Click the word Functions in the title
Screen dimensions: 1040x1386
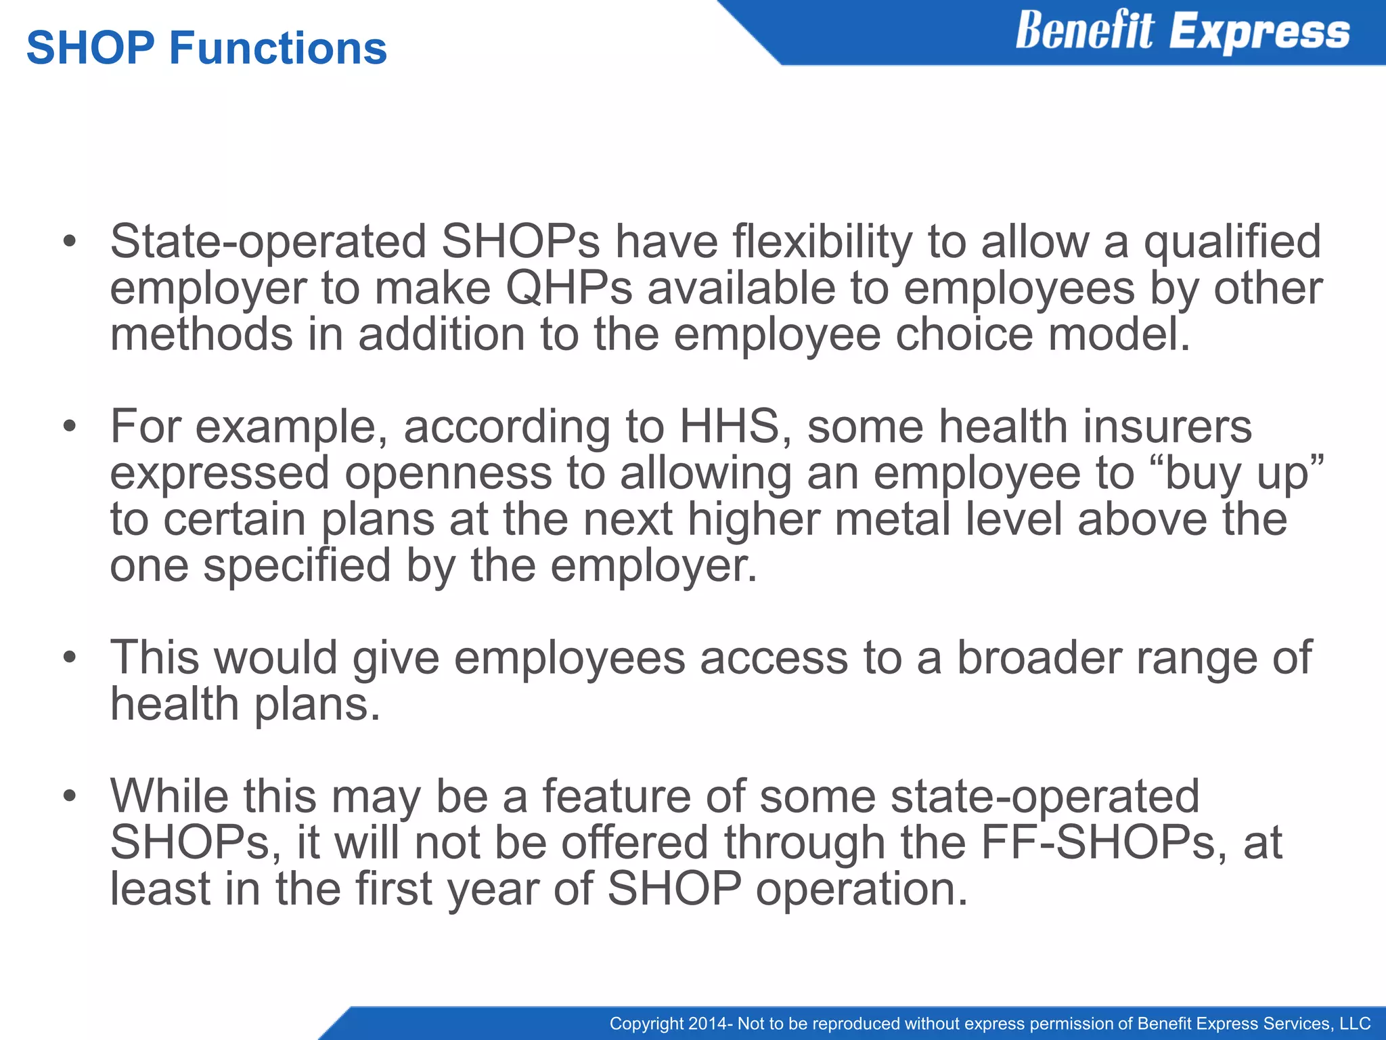[x=277, y=49]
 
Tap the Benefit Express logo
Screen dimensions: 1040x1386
[x=1182, y=32]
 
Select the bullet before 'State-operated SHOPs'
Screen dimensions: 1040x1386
[x=68, y=242]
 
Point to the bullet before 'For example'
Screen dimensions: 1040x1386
[x=68, y=427]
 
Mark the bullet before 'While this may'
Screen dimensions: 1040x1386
[x=68, y=796]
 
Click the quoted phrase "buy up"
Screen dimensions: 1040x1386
[x=1244, y=473]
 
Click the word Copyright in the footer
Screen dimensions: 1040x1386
[x=646, y=1023]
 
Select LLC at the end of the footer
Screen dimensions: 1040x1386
[x=1355, y=1023]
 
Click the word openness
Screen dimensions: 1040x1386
[x=448, y=473]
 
